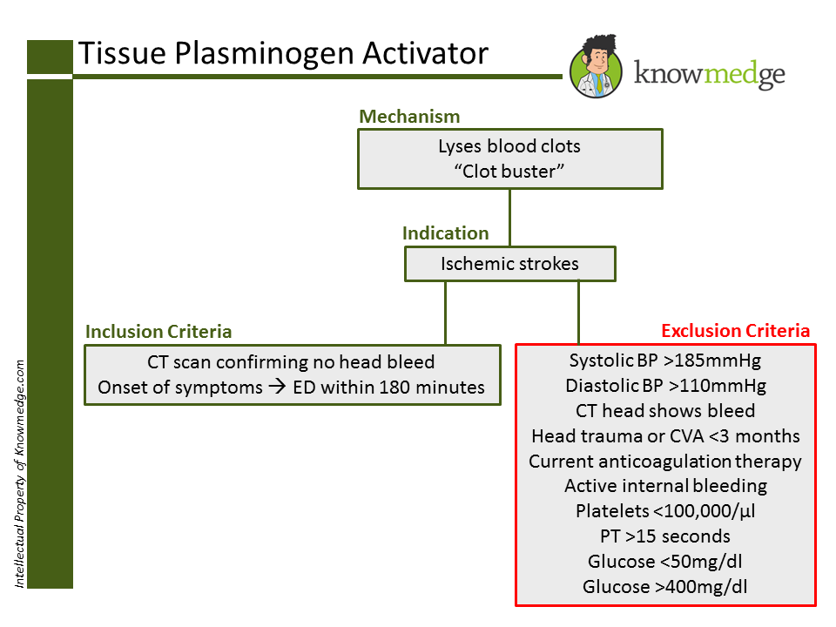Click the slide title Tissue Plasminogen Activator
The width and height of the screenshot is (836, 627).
tap(283, 53)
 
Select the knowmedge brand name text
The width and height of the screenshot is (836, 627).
tap(709, 75)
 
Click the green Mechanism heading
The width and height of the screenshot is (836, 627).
tap(409, 117)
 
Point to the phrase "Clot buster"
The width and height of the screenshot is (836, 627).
tap(509, 171)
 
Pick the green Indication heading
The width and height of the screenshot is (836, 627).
tap(445, 233)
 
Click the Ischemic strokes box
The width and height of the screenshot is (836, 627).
tap(509, 264)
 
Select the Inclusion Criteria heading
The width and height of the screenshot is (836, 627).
tap(158, 332)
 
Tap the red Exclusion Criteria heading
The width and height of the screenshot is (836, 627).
tap(736, 331)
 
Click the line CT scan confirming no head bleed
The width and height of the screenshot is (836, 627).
tap(291, 362)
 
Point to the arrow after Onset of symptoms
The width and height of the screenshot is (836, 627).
tap(278, 388)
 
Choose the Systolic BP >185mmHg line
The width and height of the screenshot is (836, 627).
tap(665, 361)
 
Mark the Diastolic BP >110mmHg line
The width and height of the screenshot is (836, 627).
tap(665, 386)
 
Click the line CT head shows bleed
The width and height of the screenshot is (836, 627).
tap(665, 410)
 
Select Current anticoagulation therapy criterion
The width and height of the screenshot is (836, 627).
tap(665, 461)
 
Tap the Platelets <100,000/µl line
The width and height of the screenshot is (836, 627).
tap(665, 511)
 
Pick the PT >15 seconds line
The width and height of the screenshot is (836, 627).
tap(665, 536)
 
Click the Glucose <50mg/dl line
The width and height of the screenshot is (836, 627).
tap(665, 562)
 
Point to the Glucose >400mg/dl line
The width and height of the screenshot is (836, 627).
tap(665, 587)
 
